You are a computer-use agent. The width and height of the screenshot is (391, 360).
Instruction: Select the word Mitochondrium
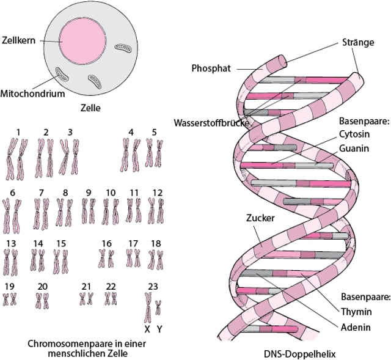(x=32, y=94)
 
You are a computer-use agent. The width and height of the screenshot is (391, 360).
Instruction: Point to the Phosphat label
(x=211, y=68)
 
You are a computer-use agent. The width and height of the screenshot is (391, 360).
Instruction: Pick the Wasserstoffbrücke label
(x=210, y=121)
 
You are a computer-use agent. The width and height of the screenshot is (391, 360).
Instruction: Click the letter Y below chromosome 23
(x=159, y=329)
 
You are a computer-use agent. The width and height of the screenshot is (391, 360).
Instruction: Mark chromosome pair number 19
(x=10, y=299)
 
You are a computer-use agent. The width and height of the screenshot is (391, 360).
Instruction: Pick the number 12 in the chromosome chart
(x=157, y=193)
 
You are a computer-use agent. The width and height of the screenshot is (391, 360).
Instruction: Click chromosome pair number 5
(x=154, y=153)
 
